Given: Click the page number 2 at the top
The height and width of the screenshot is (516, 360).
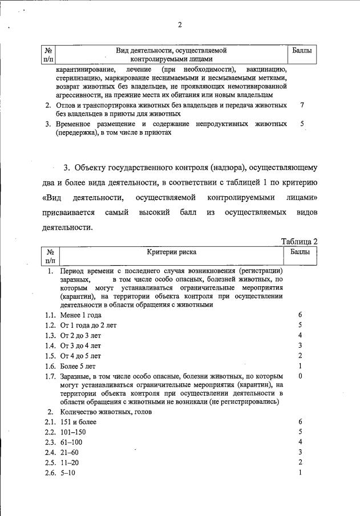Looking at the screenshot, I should [x=179, y=24].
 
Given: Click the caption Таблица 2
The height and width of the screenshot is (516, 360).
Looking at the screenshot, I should [x=300, y=241].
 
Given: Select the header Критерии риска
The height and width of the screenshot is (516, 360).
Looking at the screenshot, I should [x=174, y=251].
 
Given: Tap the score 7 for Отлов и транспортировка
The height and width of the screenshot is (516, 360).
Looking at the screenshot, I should [x=302, y=105].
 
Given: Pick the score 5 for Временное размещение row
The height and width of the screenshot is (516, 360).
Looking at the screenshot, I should [x=302, y=123].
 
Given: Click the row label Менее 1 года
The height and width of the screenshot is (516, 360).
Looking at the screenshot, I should [x=81, y=315].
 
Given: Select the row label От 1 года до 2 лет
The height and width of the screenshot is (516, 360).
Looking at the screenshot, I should [x=88, y=325].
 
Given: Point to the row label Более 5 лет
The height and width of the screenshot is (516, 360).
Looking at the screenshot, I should [x=80, y=366].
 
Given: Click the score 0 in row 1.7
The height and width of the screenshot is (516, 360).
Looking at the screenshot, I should [x=300, y=376].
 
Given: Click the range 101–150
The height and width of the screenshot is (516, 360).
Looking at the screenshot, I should [x=72, y=432].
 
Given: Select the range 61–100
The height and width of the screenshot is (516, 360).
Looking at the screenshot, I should [x=71, y=442].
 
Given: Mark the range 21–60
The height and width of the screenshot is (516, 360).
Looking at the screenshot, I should [x=70, y=453].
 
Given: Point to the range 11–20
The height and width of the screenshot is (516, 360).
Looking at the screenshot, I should [x=70, y=463].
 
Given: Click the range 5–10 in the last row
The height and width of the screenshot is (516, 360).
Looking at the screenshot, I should [x=68, y=473].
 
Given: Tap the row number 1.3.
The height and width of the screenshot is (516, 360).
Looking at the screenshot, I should [x=50, y=335].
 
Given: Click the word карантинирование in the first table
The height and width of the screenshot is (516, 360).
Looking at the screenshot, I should [x=84, y=69].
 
